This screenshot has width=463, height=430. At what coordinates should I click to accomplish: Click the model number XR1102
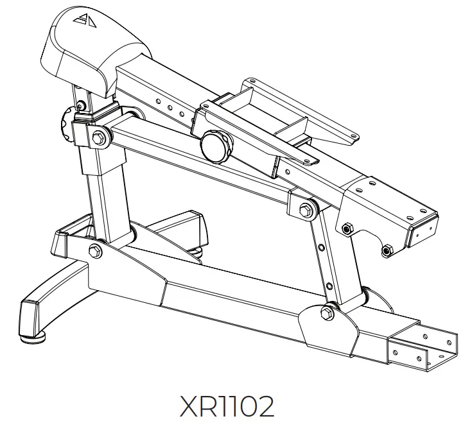pyautogui.click(x=228, y=407)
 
